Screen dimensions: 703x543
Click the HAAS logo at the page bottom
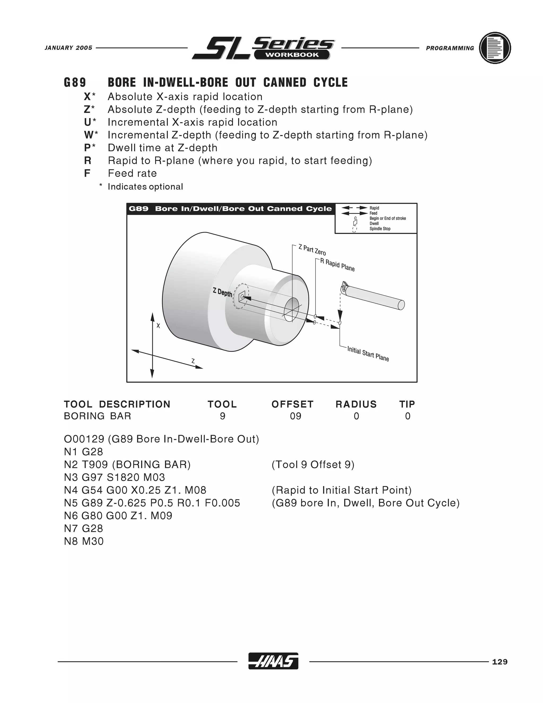273,661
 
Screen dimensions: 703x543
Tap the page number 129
500,662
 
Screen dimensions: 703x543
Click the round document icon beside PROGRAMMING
495,48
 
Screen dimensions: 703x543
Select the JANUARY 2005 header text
68,48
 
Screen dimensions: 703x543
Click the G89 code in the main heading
75,83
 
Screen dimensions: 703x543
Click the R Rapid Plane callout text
337,265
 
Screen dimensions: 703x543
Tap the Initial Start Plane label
368,354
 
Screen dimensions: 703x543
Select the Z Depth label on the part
222,293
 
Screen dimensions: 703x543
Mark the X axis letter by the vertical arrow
158,326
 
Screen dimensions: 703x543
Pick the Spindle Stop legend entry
380,229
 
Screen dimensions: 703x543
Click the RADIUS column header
356,404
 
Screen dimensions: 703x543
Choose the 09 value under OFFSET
295,416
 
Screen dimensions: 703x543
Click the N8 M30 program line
84,541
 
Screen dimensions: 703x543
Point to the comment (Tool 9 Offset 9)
313,465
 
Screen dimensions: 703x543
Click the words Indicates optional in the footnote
145,187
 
